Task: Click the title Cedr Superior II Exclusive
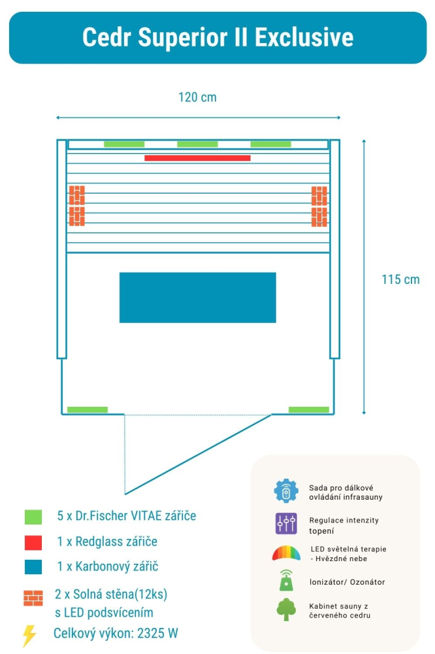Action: pos(217,37)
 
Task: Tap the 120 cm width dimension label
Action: pos(197,97)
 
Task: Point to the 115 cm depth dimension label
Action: pos(400,279)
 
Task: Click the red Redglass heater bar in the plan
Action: pos(197,158)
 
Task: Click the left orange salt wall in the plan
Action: pos(77,205)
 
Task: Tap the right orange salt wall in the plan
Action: pos(319,205)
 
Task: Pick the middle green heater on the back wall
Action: pos(197,144)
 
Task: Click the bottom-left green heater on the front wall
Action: pos(88,410)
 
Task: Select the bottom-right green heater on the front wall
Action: pos(309,410)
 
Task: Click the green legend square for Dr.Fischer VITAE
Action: pos(32,517)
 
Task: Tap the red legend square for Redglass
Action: pos(32,542)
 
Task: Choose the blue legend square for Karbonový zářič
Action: pos(32,567)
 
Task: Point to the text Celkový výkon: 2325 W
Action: pos(116,633)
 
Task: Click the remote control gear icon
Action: pos(286,492)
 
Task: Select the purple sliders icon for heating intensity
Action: pos(286,523)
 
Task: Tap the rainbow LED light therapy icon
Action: pos(286,553)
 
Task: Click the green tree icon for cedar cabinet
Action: pos(286,610)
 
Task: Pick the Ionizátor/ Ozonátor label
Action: pos(347,581)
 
